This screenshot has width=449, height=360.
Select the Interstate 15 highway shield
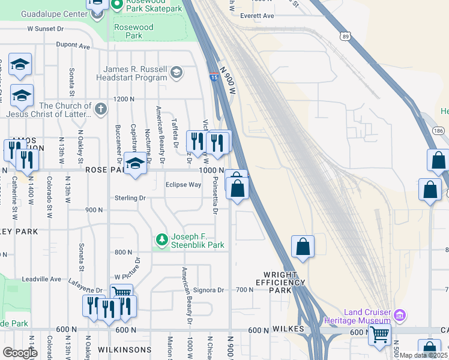coord(214,77)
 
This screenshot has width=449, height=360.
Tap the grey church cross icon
coord(101,109)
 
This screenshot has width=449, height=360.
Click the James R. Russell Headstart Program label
coord(135,73)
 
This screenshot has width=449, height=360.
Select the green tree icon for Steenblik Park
coord(161,240)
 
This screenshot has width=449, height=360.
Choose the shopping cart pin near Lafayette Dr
coord(122,293)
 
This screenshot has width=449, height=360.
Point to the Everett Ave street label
coord(256,16)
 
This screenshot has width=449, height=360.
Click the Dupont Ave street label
coord(73,45)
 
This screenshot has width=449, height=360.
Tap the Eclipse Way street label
coord(183,185)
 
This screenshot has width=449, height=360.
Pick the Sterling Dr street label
coord(130,197)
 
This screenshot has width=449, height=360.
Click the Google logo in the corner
coord(20,353)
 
